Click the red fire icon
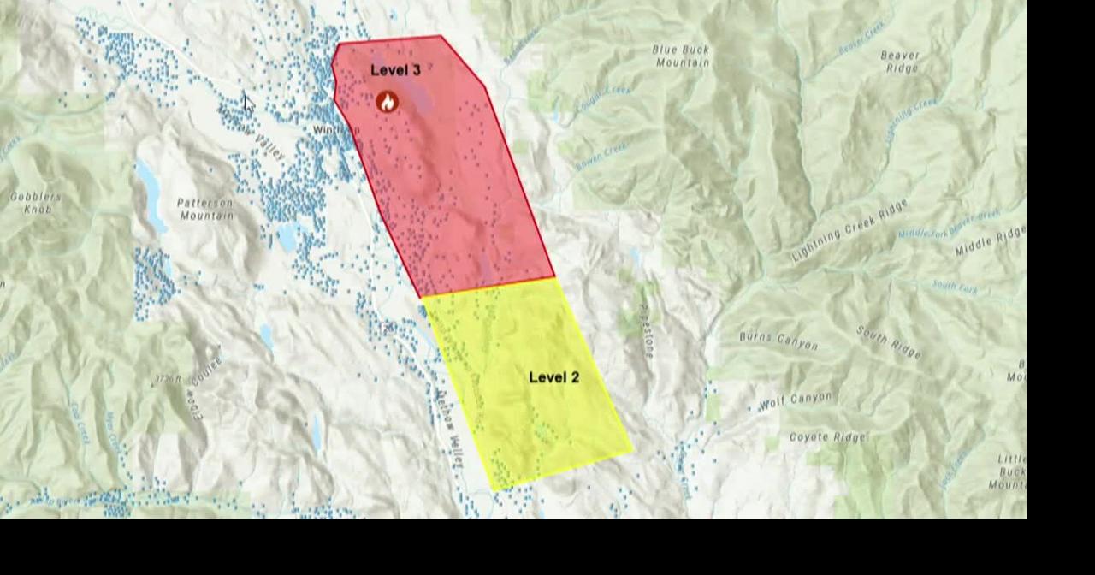point(388,102)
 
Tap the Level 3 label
point(395,70)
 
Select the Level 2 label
point(553,377)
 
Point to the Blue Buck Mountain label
point(682,56)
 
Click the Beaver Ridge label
point(901,62)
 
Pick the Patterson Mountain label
point(205,209)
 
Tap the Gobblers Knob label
point(36,203)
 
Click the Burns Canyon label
point(778,341)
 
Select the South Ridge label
point(888,341)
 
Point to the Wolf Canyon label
point(796,400)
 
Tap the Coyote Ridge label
point(826,437)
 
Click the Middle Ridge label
point(990,241)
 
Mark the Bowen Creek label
point(601,156)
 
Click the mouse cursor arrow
point(247,104)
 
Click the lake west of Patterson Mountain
point(148,194)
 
